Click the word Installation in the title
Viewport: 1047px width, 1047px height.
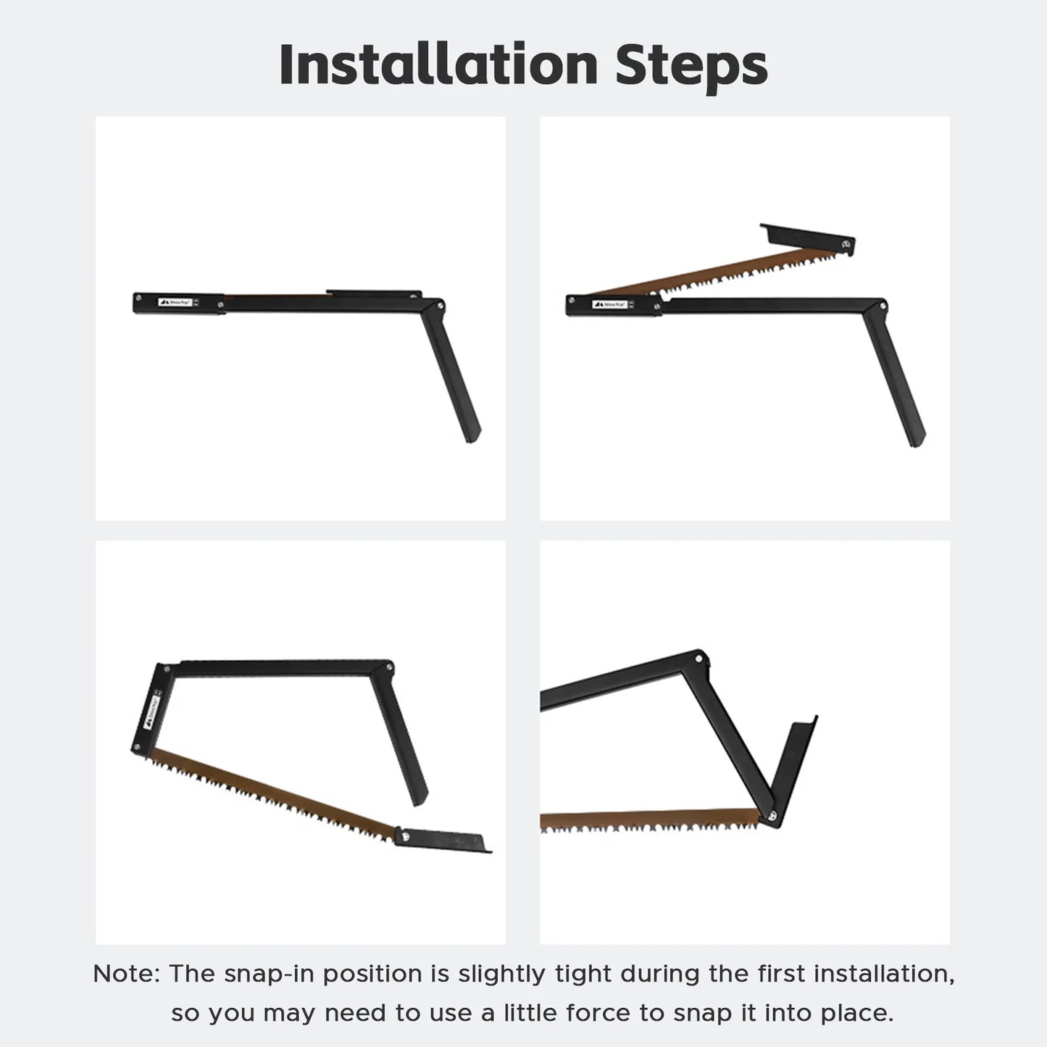(x=438, y=65)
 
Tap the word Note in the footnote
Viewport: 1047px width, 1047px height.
(x=125, y=974)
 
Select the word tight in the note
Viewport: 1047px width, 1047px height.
(x=584, y=974)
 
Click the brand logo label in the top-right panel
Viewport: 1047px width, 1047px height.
(x=609, y=304)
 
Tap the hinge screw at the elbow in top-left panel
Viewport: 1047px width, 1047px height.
(x=437, y=305)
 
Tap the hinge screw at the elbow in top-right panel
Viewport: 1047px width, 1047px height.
(x=881, y=306)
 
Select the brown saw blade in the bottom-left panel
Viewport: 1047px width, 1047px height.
(x=275, y=793)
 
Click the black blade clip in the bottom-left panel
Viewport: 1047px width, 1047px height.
(x=443, y=840)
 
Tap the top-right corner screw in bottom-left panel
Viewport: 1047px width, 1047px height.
(x=390, y=667)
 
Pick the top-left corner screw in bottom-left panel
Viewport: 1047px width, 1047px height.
(x=166, y=668)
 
